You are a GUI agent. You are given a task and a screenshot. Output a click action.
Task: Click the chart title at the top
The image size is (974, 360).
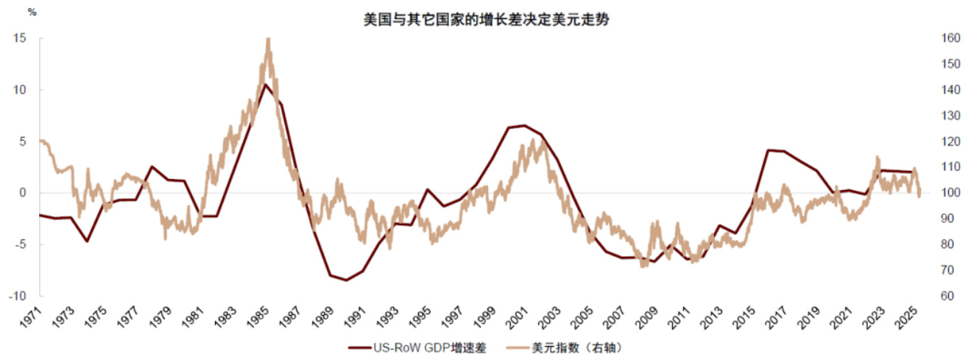487,20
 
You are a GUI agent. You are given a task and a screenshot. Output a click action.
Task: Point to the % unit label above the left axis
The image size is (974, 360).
31,13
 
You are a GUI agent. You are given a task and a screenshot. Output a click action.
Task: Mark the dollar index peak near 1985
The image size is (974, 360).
268,39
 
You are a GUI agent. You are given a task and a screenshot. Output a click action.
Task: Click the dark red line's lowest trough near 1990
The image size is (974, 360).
346,280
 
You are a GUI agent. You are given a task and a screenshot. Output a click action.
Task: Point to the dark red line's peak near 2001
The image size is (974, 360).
523,125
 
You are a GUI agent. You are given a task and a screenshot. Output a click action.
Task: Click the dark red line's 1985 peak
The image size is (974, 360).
265,84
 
